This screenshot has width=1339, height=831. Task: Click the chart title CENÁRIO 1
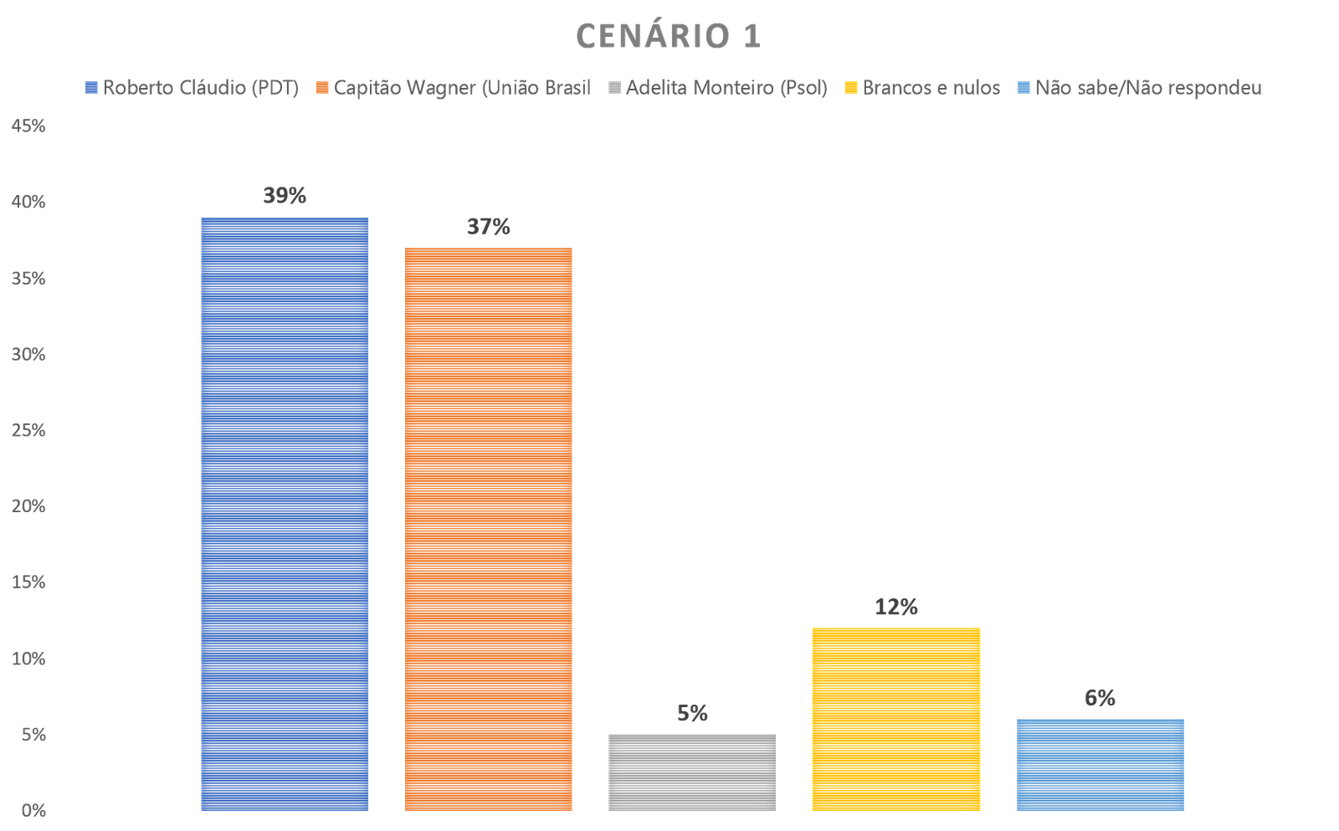point(668,37)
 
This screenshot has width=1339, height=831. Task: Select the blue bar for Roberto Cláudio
point(285,514)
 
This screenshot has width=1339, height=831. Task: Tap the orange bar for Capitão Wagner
point(489,529)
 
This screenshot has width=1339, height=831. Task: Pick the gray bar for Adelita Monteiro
point(692,772)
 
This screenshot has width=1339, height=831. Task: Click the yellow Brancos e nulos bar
point(896,719)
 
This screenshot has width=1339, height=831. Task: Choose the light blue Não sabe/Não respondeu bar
point(1100,764)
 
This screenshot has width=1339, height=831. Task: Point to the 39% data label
point(285,197)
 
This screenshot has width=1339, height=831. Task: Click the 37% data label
point(489,227)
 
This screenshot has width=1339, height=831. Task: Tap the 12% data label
point(896,608)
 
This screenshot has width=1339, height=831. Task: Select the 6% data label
point(1100,698)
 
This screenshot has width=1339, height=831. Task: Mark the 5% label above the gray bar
point(692,713)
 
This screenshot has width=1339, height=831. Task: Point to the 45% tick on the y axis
point(28,126)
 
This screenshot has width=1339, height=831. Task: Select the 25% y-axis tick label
point(28,430)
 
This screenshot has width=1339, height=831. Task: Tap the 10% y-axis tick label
point(28,659)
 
